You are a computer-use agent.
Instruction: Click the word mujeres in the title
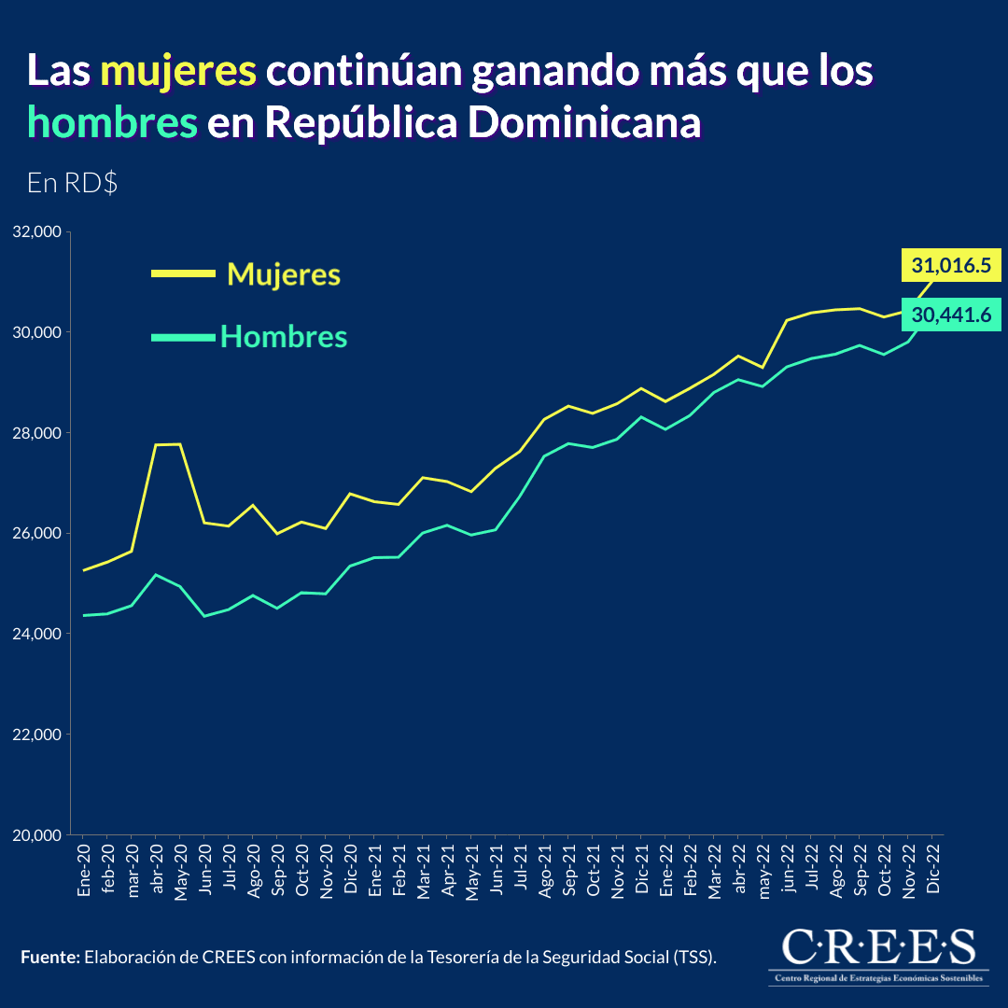[x=178, y=72]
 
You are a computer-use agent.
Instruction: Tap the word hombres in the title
[x=113, y=121]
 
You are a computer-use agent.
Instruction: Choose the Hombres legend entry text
[x=284, y=336]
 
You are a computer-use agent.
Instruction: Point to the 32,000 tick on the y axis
[x=35, y=231]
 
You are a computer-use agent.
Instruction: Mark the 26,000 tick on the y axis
[x=35, y=534]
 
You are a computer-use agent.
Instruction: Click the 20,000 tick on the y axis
[x=35, y=835]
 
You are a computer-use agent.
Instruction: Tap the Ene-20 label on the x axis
[x=84, y=871]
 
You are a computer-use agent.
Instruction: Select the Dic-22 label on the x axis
[x=932, y=871]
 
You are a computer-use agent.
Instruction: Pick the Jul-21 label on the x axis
[x=521, y=871]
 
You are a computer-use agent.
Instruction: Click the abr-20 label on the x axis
[x=157, y=871]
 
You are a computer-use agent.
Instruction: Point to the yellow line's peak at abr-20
[x=157, y=445]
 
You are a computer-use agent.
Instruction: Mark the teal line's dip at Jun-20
[x=204, y=616]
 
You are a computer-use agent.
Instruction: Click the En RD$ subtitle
[x=72, y=183]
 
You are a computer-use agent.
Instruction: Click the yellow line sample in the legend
[x=183, y=273]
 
